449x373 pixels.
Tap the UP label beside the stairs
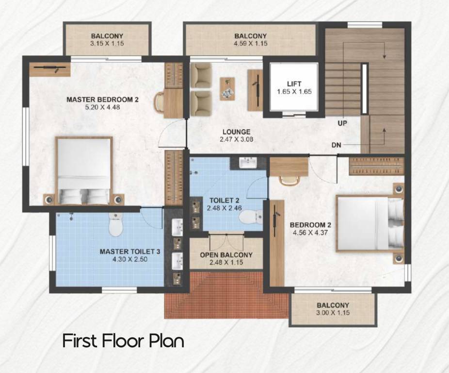click(342, 123)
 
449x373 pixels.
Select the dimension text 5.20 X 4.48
click(102, 107)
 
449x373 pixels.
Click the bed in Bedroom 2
click(370, 223)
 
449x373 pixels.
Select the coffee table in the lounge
click(227, 89)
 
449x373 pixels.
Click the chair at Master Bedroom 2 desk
click(160, 102)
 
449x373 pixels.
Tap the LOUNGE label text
click(236, 132)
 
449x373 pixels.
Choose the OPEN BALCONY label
click(226, 255)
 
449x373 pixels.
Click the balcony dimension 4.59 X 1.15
click(250, 43)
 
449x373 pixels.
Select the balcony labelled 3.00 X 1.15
click(333, 309)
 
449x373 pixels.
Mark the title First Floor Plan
click(123, 340)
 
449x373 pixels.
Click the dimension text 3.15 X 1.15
click(107, 43)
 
